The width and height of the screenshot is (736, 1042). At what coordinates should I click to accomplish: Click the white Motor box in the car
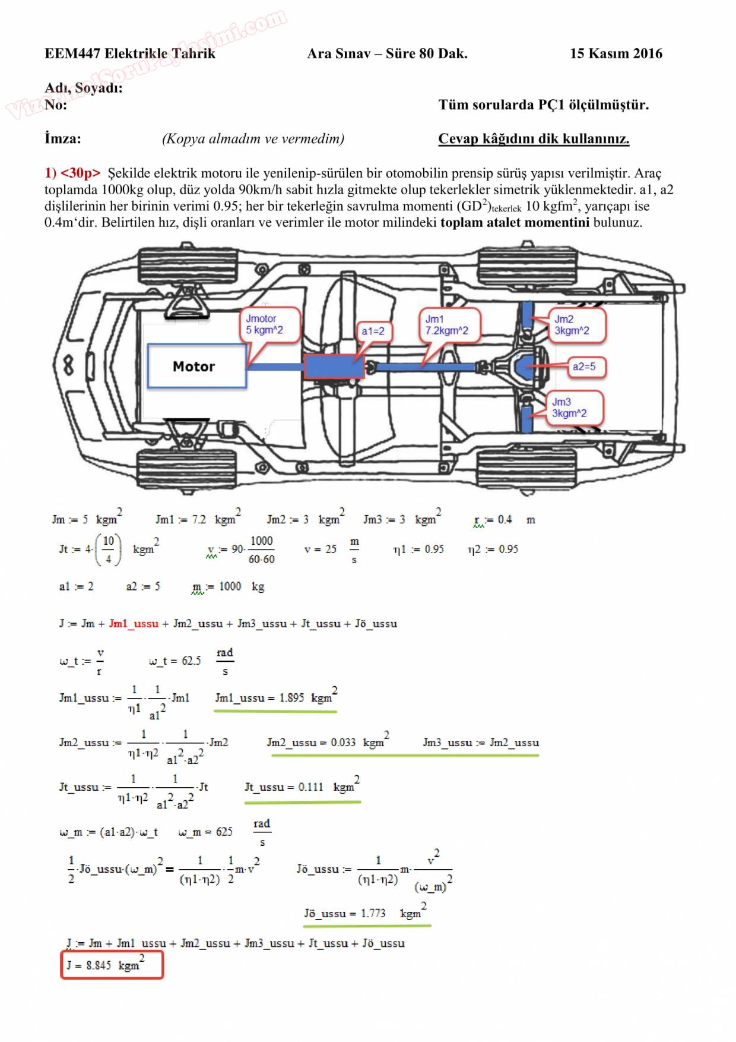pyautogui.click(x=196, y=366)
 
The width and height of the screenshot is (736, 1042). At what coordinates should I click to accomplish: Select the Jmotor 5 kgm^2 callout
pyautogui.click(x=269, y=324)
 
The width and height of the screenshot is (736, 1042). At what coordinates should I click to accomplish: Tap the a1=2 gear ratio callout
pyautogui.click(x=373, y=331)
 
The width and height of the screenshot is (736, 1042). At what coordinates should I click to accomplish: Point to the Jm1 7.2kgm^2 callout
pyautogui.click(x=449, y=325)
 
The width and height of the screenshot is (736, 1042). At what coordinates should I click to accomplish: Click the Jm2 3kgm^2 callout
pyautogui.click(x=576, y=325)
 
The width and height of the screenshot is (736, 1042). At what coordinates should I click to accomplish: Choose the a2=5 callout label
pyautogui.click(x=584, y=367)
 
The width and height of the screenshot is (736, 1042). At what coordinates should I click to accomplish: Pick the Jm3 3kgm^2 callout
pyautogui.click(x=573, y=408)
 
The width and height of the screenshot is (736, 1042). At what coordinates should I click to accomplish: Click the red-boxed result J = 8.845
pyautogui.click(x=112, y=965)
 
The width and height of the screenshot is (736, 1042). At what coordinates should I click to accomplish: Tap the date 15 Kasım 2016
pyautogui.click(x=616, y=53)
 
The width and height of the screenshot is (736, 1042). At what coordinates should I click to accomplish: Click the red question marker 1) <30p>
pyautogui.click(x=72, y=173)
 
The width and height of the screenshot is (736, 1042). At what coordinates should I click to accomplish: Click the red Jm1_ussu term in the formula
pyautogui.click(x=134, y=624)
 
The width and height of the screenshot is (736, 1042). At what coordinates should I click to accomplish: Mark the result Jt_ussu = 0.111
pyautogui.click(x=302, y=787)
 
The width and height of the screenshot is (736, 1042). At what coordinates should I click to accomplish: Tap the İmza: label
pyautogui.click(x=63, y=138)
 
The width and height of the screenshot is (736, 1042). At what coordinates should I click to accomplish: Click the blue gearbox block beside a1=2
pyautogui.click(x=334, y=367)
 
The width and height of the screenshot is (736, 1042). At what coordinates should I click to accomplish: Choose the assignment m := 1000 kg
pyautogui.click(x=228, y=587)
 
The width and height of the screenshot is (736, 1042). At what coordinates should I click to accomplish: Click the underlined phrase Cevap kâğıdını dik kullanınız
pyautogui.click(x=534, y=139)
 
